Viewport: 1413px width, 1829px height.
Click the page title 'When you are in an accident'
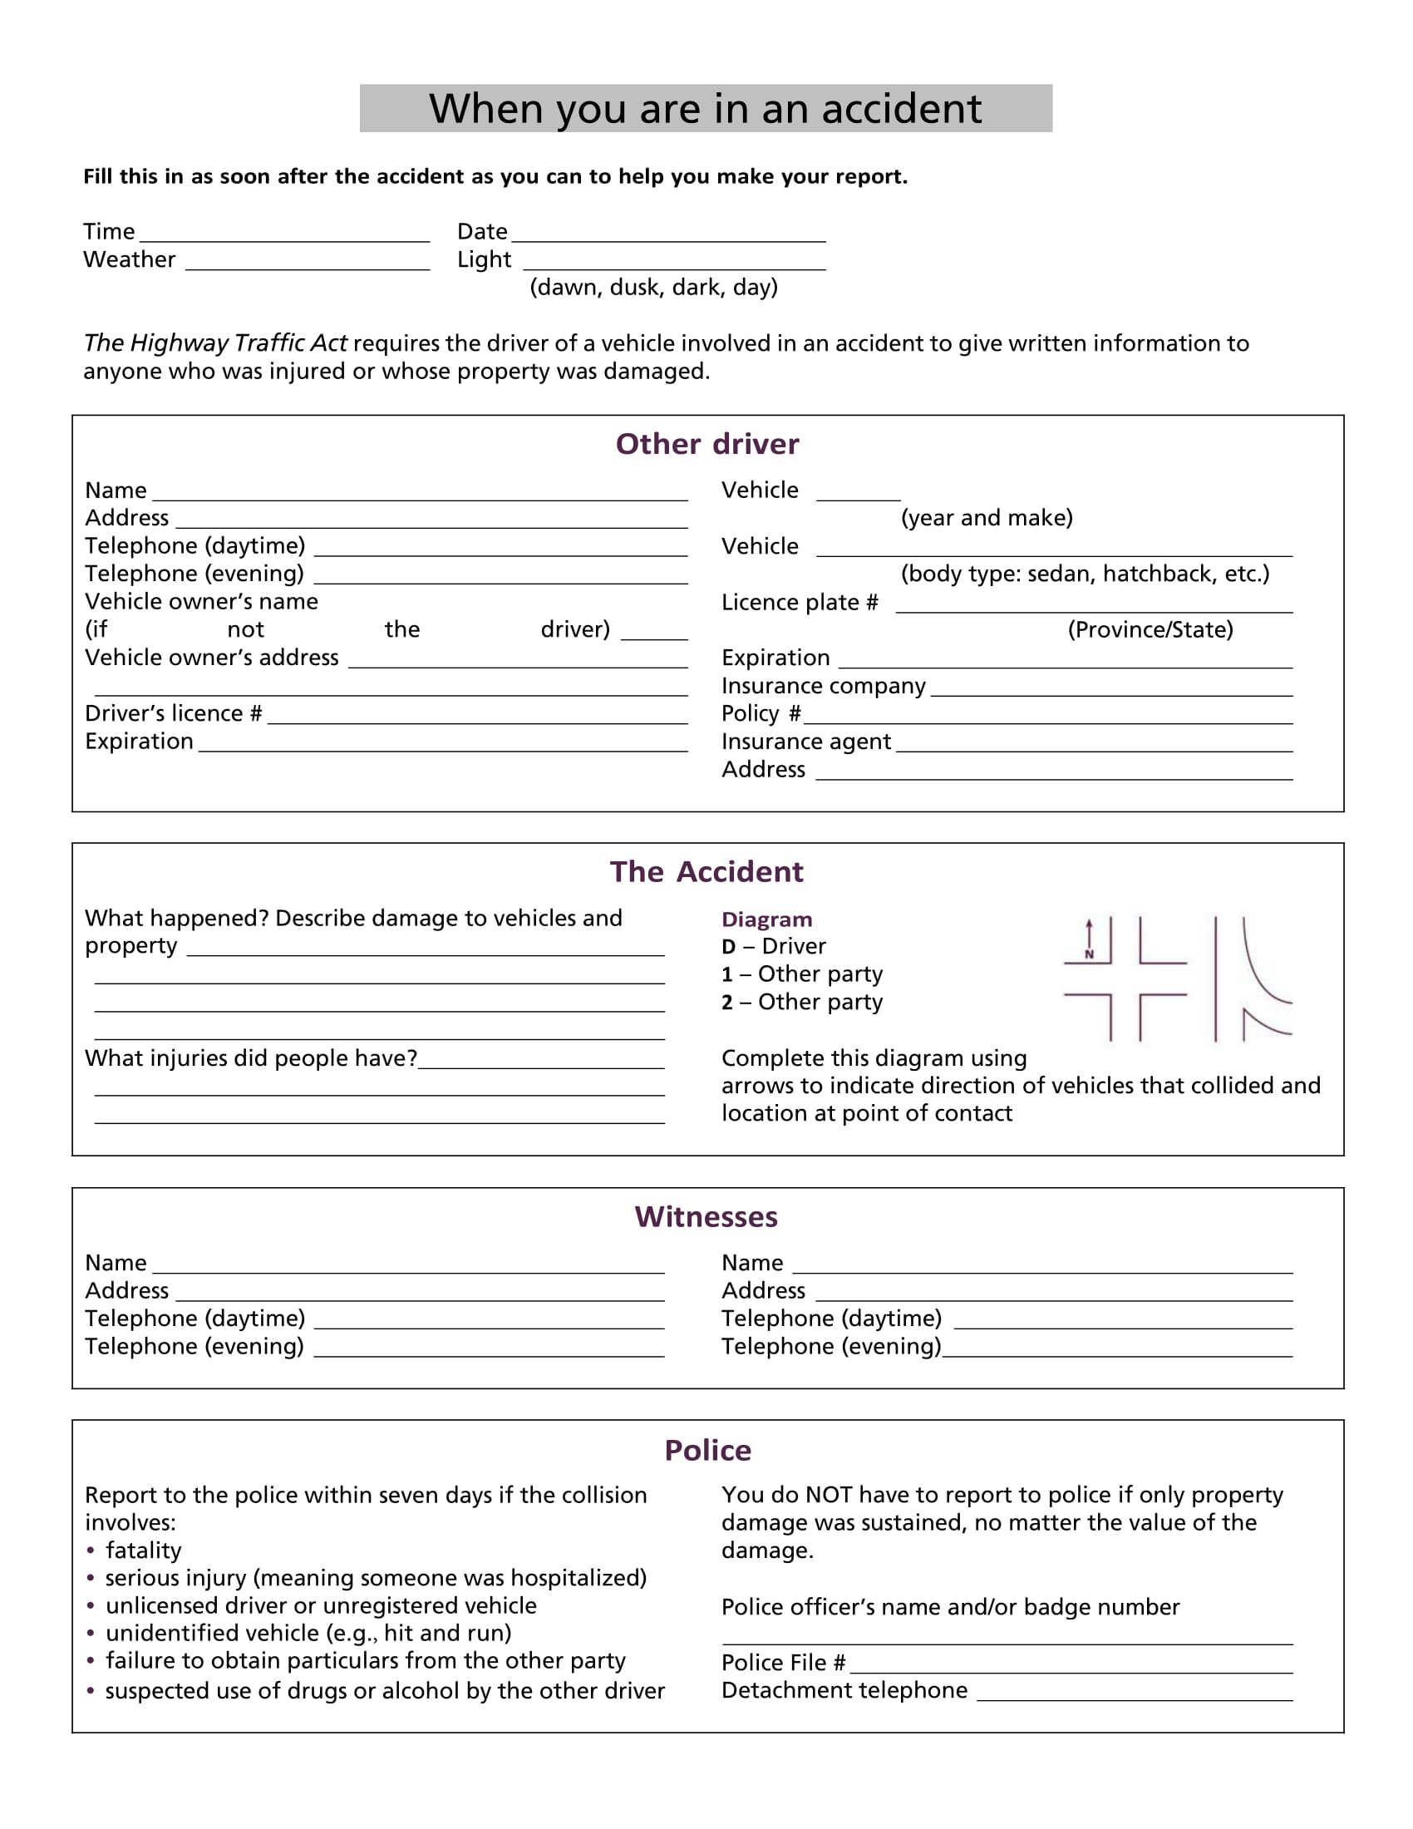click(705, 109)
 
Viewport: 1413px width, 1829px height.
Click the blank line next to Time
click(284, 235)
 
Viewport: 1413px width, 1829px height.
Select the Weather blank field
click(308, 263)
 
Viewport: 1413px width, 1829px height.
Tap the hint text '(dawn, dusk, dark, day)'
click(653, 288)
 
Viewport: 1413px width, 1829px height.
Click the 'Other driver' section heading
click(706, 444)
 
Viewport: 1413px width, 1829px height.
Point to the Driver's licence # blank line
click(477, 717)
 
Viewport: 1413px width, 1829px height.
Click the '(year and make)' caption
click(986, 518)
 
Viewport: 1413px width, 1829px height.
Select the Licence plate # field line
click(1093, 606)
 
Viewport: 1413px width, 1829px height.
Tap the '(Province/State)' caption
click(1150, 630)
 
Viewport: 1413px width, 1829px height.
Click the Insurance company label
click(823, 686)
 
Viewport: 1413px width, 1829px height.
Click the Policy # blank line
click(1046, 717)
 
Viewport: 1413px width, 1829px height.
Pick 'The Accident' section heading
click(706, 872)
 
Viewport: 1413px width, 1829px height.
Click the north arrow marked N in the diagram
click(1089, 939)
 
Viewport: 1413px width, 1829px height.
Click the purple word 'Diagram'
click(766, 919)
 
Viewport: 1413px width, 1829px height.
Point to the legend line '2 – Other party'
click(801, 1003)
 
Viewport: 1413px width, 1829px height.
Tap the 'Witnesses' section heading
click(706, 1217)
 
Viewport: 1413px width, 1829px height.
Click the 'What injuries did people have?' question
click(250, 1058)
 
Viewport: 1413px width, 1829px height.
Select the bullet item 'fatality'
click(143, 1551)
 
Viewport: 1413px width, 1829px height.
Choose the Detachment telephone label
click(844, 1691)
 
